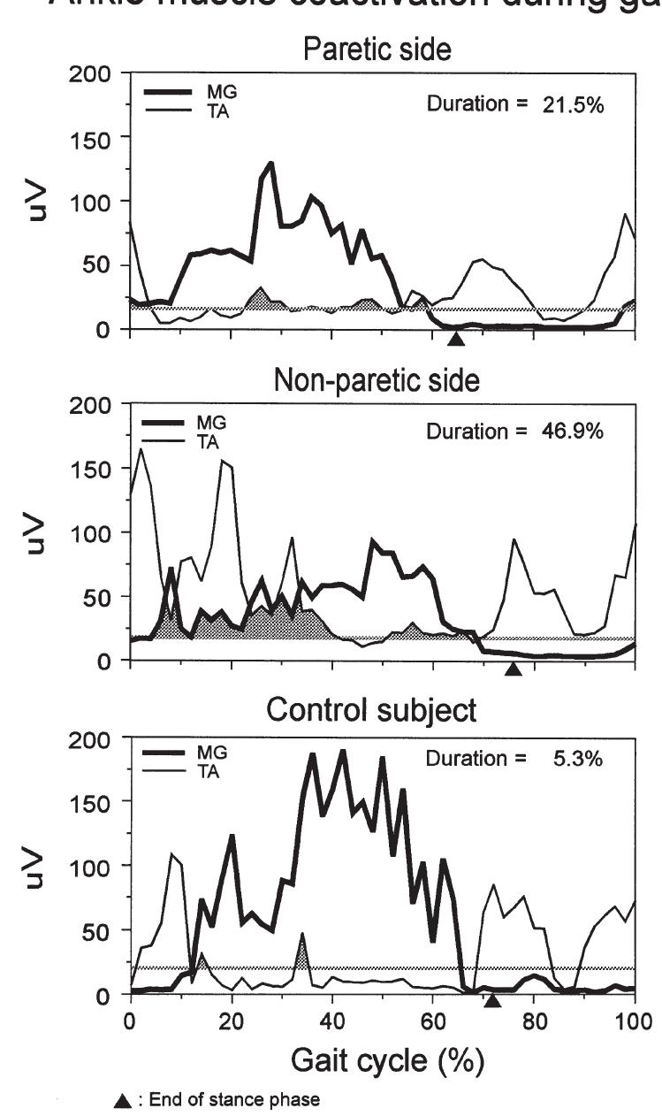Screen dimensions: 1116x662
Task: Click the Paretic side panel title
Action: pos(377,50)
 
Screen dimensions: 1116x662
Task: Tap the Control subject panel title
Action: pos(371,710)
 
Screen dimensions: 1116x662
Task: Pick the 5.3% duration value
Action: pos(575,759)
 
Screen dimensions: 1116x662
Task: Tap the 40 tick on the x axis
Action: pos(332,1020)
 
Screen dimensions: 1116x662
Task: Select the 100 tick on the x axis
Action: pos(635,1020)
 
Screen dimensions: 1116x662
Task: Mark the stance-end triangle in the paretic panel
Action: pos(455,339)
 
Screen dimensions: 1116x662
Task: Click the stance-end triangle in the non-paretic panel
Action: pos(514,670)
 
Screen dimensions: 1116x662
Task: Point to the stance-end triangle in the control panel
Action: pos(493,1000)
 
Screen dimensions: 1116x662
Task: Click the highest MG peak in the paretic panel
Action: pos(271,163)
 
